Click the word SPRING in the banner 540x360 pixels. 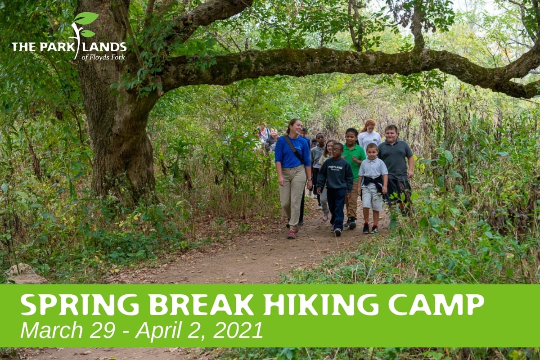(x=80, y=305)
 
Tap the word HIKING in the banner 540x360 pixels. (x=321, y=305)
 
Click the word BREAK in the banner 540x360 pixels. (x=201, y=305)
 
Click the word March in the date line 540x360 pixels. (x=52, y=330)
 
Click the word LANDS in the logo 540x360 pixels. (x=104, y=47)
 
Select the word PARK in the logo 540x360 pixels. (x=57, y=47)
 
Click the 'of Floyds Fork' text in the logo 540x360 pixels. (x=103, y=58)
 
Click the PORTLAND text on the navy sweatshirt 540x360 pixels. (x=335, y=167)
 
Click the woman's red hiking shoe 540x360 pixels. (x=292, y=234)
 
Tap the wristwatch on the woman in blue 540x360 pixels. (x=309, y=179)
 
